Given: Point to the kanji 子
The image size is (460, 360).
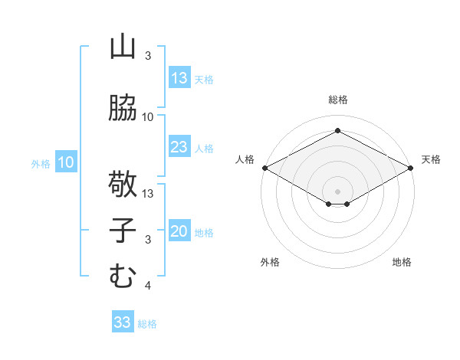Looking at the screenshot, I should point(123,231).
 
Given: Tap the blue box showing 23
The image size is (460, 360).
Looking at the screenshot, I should point(179,147).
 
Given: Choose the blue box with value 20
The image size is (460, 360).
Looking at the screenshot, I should point(179,232).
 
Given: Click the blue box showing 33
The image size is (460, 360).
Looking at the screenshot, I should point(123,322).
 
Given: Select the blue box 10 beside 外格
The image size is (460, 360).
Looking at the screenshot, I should point(66,162).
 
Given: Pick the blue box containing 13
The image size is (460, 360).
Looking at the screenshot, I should point(179,78).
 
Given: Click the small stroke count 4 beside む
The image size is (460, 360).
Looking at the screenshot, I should point(148,286).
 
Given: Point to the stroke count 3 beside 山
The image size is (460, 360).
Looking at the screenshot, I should point(148,56).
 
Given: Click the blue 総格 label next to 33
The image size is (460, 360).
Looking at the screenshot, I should point(147,324).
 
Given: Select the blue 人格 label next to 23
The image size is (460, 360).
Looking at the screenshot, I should point(204,149).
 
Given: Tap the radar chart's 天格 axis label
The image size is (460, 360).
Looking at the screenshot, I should point(431,159).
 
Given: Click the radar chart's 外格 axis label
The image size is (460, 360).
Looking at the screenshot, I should point(270,262).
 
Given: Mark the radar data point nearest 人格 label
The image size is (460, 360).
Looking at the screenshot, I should point(264,168).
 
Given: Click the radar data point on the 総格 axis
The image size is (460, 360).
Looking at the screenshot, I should point(337,130).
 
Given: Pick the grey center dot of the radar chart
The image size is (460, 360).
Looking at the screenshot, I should point(337,190).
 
